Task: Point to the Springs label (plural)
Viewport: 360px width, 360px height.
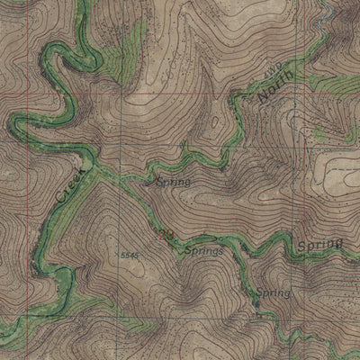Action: pyautogui.click(x=202, y=251)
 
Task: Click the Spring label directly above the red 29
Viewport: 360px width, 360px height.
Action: pyautogui.click(x=173, y=183)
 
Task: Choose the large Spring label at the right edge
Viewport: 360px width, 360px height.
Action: pyautogui.click(x=320, y=244)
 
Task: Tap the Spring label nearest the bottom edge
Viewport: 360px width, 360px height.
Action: pyautogui.click(x=273, y=293)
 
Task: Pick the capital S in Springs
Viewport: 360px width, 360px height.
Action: pyautogui.click(x=186, y=251)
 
